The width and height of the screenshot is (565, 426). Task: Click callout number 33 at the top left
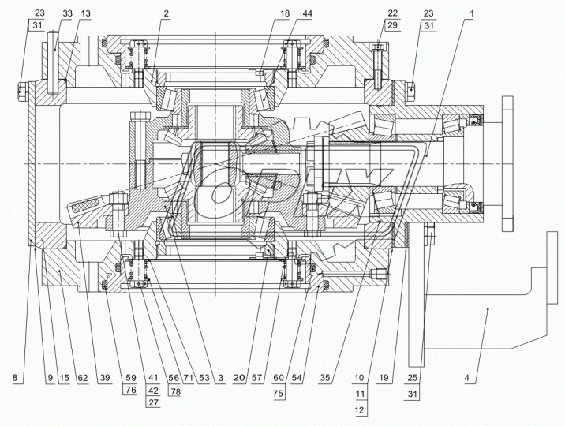pyautogui.click(x=66, y=15)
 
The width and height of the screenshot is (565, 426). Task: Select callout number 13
pyautogui.click(x=86, y=15)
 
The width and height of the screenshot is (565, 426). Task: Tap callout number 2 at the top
pyautogui.click(x=167, y=15)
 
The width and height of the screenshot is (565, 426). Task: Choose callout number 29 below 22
pyautogui.click(x=392, y=26)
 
